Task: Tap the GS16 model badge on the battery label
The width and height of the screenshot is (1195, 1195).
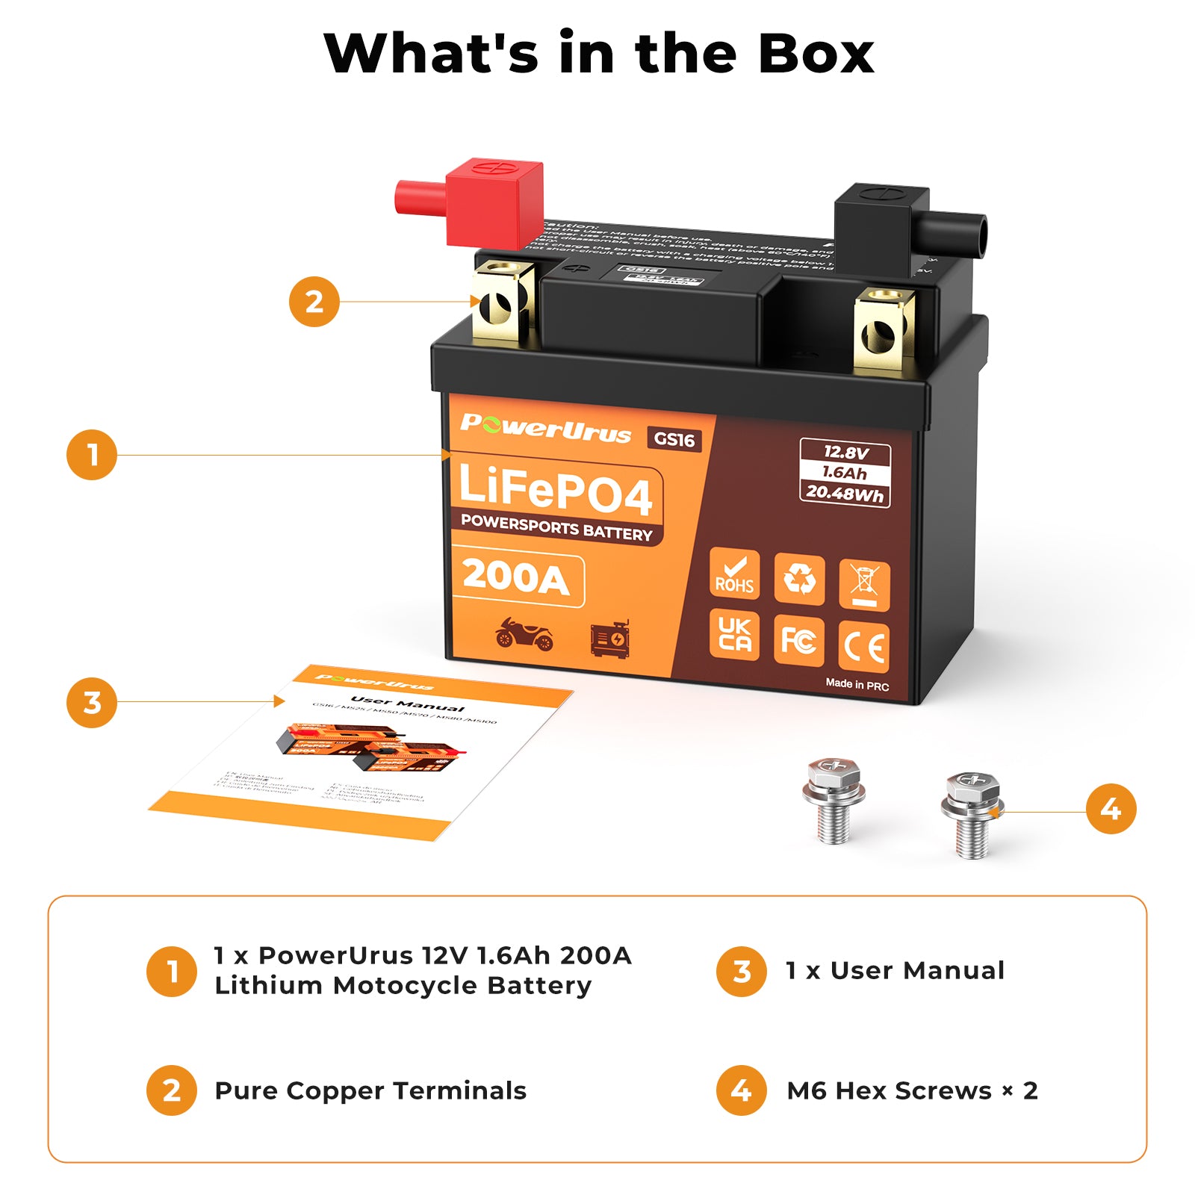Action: click(x=674, y=439)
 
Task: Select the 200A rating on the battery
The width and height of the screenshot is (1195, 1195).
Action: click(x=517, y=578)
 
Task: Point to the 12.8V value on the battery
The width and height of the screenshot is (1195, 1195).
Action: click(x=845, y=452)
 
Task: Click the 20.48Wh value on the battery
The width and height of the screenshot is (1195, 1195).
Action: click(x=845, y=493)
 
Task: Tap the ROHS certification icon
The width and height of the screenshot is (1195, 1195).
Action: click(x=734, y=575)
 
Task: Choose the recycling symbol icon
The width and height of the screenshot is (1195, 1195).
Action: click(x=799, y=579)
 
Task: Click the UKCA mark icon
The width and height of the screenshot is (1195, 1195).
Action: click(x=734, y=635)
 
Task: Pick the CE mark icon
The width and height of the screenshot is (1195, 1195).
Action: click(x=864, y=647)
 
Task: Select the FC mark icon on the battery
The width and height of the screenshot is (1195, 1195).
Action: click(x=798, y=641)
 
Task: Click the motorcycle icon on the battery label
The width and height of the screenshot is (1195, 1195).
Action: click(x=524, y=635)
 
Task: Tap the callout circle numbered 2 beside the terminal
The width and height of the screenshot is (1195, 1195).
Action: click(x=314, y=302)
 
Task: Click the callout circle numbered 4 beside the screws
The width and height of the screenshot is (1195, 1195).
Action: click(x=1111, y=809)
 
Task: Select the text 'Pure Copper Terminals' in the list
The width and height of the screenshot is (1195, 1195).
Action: click(x=370, y=1090)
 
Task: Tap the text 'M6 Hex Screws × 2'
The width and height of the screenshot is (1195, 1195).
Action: click(x=912, y=1090)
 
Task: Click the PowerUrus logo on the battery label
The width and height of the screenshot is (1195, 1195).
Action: click(x=546, y=427)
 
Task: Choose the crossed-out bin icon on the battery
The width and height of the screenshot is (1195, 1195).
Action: click(x=864, y=584)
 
